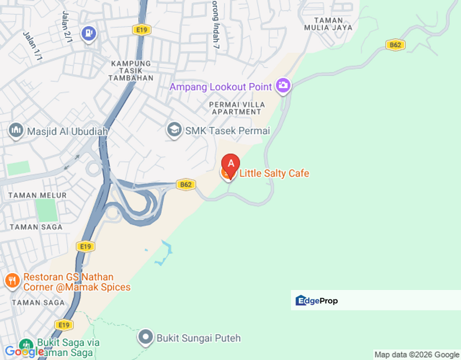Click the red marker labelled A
[230, 163]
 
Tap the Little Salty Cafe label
[274, 173]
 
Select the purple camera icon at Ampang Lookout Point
[283, 85]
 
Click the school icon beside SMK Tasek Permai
[174, 130]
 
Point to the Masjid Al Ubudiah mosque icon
[16, 130]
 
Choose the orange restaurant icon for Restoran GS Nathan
[12, 280]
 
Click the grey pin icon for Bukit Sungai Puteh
[145, 337]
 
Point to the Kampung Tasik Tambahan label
[131, 71]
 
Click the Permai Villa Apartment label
[237, 108]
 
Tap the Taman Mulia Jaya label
[328, 24]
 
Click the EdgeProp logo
[317, 300]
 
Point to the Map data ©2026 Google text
[416, 354]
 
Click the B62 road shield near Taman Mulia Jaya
[395, 45]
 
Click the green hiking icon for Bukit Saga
[25, 345]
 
